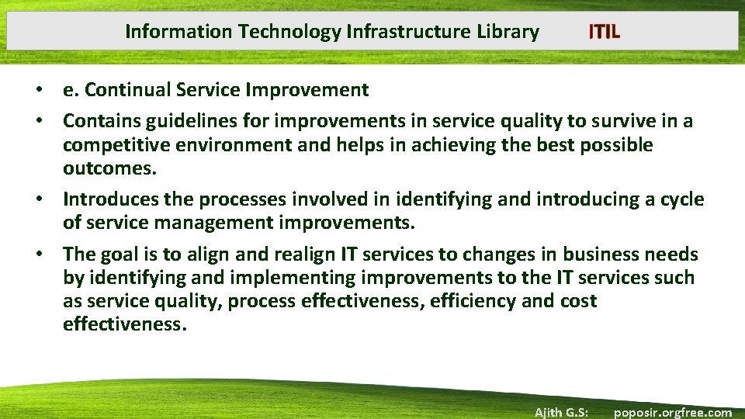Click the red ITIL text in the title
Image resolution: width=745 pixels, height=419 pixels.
point(604,32)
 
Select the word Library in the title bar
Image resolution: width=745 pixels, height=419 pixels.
point(508,32)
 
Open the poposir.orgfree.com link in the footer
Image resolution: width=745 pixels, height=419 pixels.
point(672,412)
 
